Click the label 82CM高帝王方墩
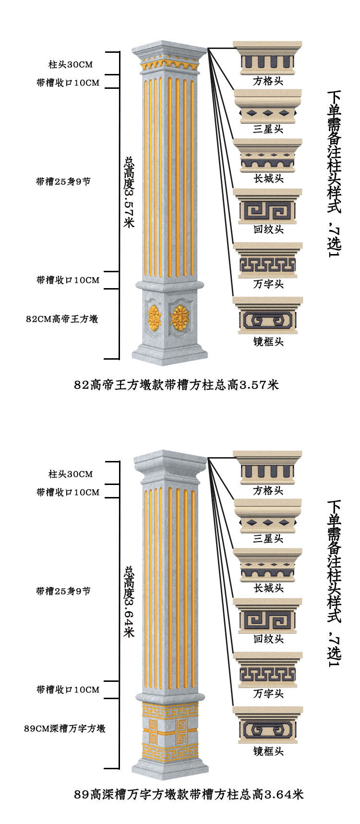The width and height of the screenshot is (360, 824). pos(62,319)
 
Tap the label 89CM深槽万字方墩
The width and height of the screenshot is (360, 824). pos(65,728)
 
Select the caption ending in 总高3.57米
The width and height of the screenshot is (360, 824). pos(176,385)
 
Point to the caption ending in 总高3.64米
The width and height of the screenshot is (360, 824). pos(189,794)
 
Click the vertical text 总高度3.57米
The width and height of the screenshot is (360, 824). pos(129,192)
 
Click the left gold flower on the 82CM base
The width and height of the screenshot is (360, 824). pos(154,317)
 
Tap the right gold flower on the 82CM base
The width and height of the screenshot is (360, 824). pos(180,317)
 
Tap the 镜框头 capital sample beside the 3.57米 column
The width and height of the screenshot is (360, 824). pos(268,315)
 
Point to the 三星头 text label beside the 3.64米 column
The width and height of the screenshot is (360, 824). pos(268,539)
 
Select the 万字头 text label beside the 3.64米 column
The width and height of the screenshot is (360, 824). pos(268,693)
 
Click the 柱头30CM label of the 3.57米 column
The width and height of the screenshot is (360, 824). pos(71,64)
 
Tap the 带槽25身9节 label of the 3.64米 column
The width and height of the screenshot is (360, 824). pos(63,591)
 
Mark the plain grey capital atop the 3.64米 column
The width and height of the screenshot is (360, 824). pos(170,463)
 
